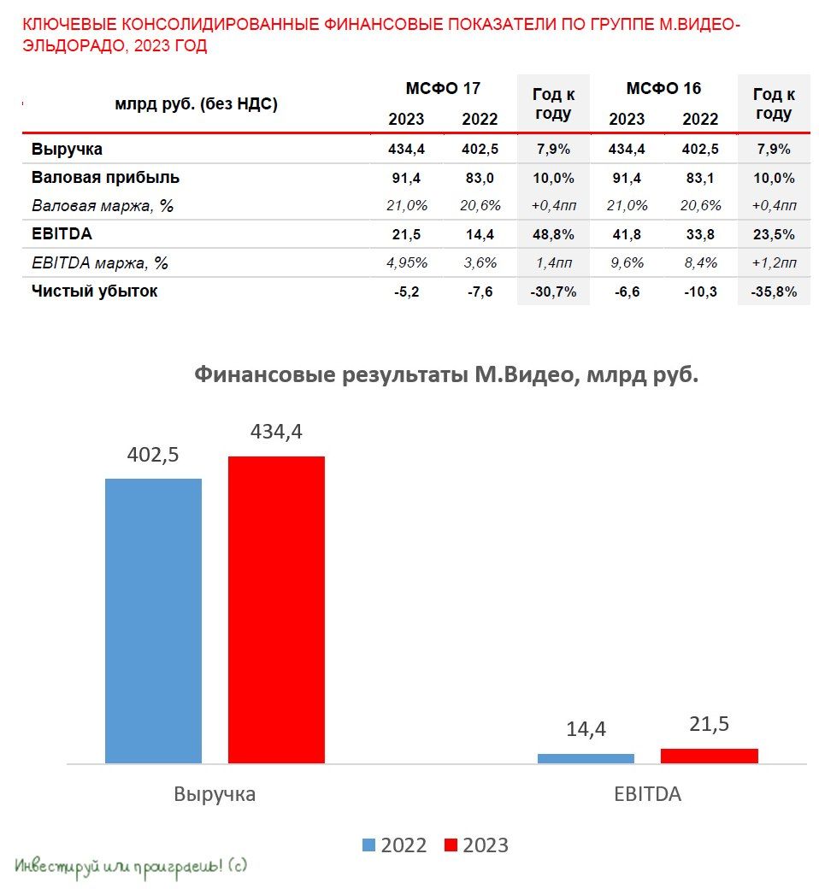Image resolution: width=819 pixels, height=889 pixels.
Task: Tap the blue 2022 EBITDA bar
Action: (x=586, y=758)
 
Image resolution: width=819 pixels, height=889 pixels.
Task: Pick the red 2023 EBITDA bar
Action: (x=709, y=756)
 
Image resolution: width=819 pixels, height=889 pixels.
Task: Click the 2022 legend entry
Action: (x=394, y=845)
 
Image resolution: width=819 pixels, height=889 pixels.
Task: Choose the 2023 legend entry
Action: (x=476, y=845)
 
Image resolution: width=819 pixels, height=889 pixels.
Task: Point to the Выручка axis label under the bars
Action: (x=215, y=793)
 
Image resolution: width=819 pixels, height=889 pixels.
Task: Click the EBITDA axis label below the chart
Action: (x=647, y=793)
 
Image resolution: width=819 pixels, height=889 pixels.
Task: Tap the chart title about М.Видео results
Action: (x=446, y=374)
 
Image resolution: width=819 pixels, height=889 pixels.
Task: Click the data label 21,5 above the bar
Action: (x=709, y=724)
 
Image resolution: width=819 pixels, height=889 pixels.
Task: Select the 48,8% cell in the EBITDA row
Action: (x=553, y=234)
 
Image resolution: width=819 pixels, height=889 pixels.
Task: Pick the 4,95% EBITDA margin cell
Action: (x=406, y=263)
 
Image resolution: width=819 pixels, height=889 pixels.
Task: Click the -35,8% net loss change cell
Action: (x=774, y=291)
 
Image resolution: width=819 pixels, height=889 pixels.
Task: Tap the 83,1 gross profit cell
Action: (x=700, y=178)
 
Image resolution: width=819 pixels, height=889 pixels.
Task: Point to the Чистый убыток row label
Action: (x=95, y=291)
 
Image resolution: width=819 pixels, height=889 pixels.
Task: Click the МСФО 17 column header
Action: (x=443, y=89)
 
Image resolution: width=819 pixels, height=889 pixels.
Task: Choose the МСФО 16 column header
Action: (x=663, y=89)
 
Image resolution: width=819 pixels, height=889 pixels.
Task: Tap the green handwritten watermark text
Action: (x=131, y=865)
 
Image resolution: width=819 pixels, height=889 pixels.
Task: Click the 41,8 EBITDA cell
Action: (x=627, y=234)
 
